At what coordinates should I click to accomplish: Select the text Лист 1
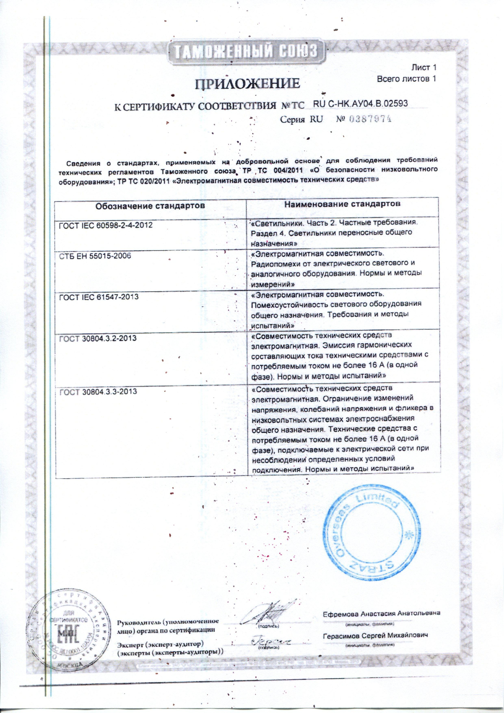coord(424,67)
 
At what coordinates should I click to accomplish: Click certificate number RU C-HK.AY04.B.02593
coord(360,104)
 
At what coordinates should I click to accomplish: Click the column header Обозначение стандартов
coord(150,206)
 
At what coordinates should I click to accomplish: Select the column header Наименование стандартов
coord(342,204)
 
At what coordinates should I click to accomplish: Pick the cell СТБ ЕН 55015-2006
coord(95,256)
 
